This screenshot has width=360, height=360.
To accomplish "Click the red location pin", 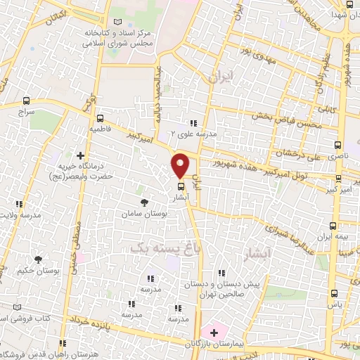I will pyautogui.click(x=180, y=165).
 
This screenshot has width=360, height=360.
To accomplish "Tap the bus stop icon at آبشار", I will pyautogui.click(x=181, y=187).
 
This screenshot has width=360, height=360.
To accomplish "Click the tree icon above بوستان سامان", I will pyautogui.click(x=144, y=202).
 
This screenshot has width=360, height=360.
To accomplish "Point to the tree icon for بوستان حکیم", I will pyautogui.click(x=38, y=259).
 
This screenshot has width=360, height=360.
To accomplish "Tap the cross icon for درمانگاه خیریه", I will pyautogui.click(x=81, y=155).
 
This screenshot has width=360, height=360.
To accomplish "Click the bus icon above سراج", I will pyautogui.click(x=27, y=101).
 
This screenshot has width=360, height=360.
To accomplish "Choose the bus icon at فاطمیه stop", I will pyautogui.click(x=100, y=118).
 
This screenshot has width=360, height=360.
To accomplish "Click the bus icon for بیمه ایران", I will pyautogui.click(x=333, y=225).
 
